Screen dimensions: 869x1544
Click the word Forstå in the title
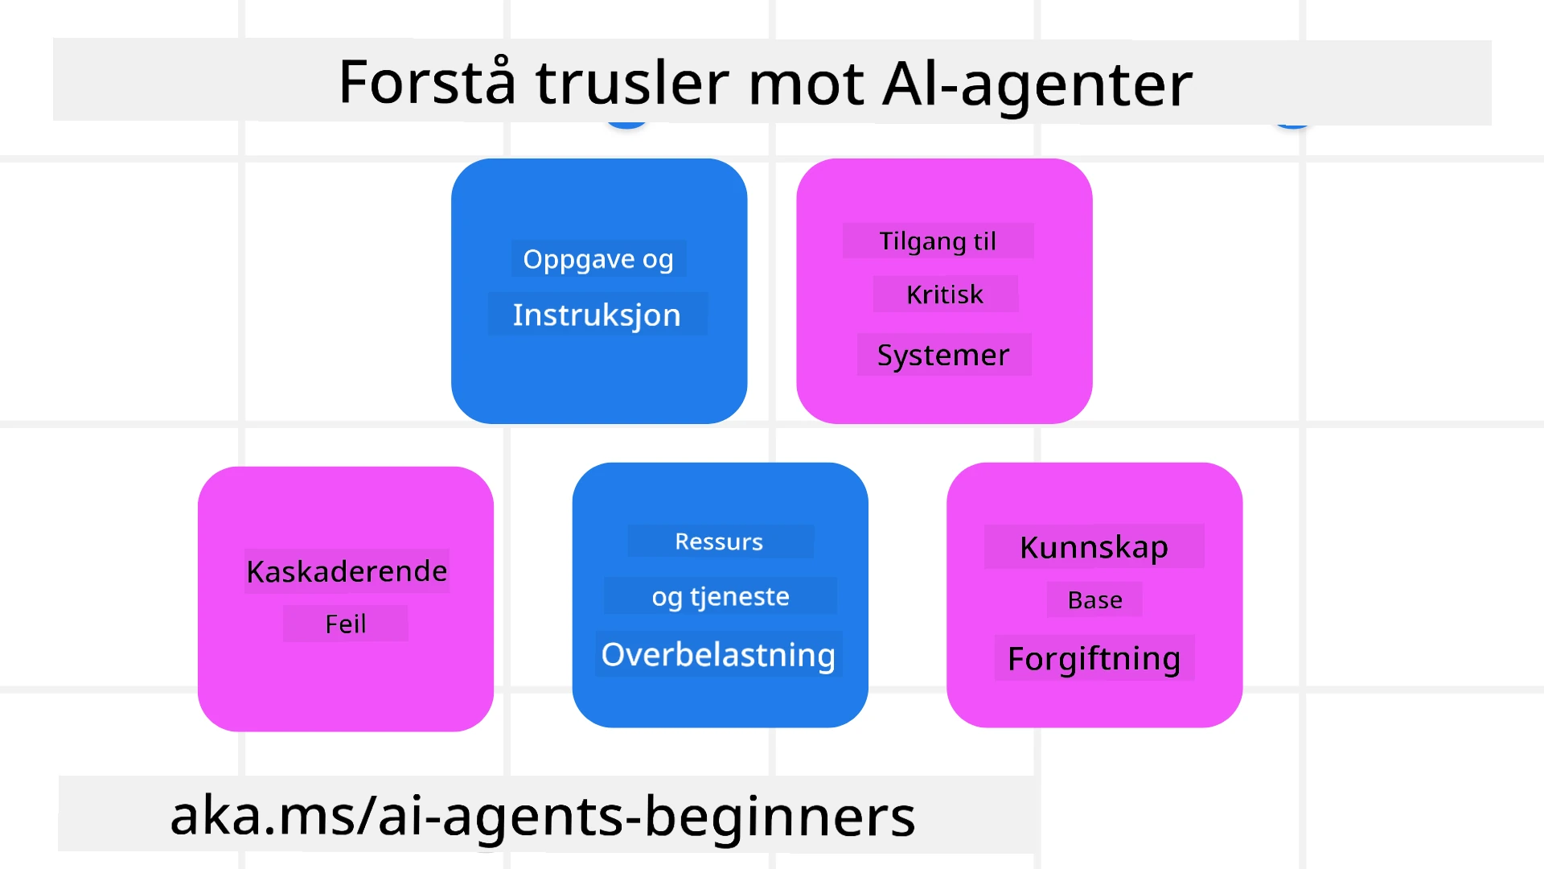[x=426, y=82]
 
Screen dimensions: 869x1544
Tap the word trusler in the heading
[x=632, y=82]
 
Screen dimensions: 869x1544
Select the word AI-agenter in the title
[x=1037, y=84]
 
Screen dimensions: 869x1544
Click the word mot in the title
[x=806, y=84]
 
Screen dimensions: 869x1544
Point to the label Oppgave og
[x=598, y=259]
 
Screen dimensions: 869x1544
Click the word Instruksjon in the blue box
[x=597, y=315]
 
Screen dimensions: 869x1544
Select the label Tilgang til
[x=938, y=241]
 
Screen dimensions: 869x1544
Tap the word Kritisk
[x=945, y=294]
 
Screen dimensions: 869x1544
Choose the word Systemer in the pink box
[x=943, y=355]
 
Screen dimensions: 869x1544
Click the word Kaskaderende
[x=347, y=571]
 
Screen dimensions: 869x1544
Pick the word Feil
[x=346, y=624]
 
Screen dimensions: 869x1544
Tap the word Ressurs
[x=719, y=542]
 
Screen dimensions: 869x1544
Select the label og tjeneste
[x=721, y=596]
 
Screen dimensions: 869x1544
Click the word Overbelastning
[x=718, y=654]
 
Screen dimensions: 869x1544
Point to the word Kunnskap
[x=1094, y=547]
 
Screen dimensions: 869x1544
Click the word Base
[x=1094, y=600]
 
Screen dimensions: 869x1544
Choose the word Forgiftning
[x=1094, y=658]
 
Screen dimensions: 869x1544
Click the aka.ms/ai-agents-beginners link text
[x=543, y=815]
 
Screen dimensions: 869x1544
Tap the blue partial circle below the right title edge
[x=1293, y=125]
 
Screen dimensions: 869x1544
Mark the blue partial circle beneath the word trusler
[x=627, y=125]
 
